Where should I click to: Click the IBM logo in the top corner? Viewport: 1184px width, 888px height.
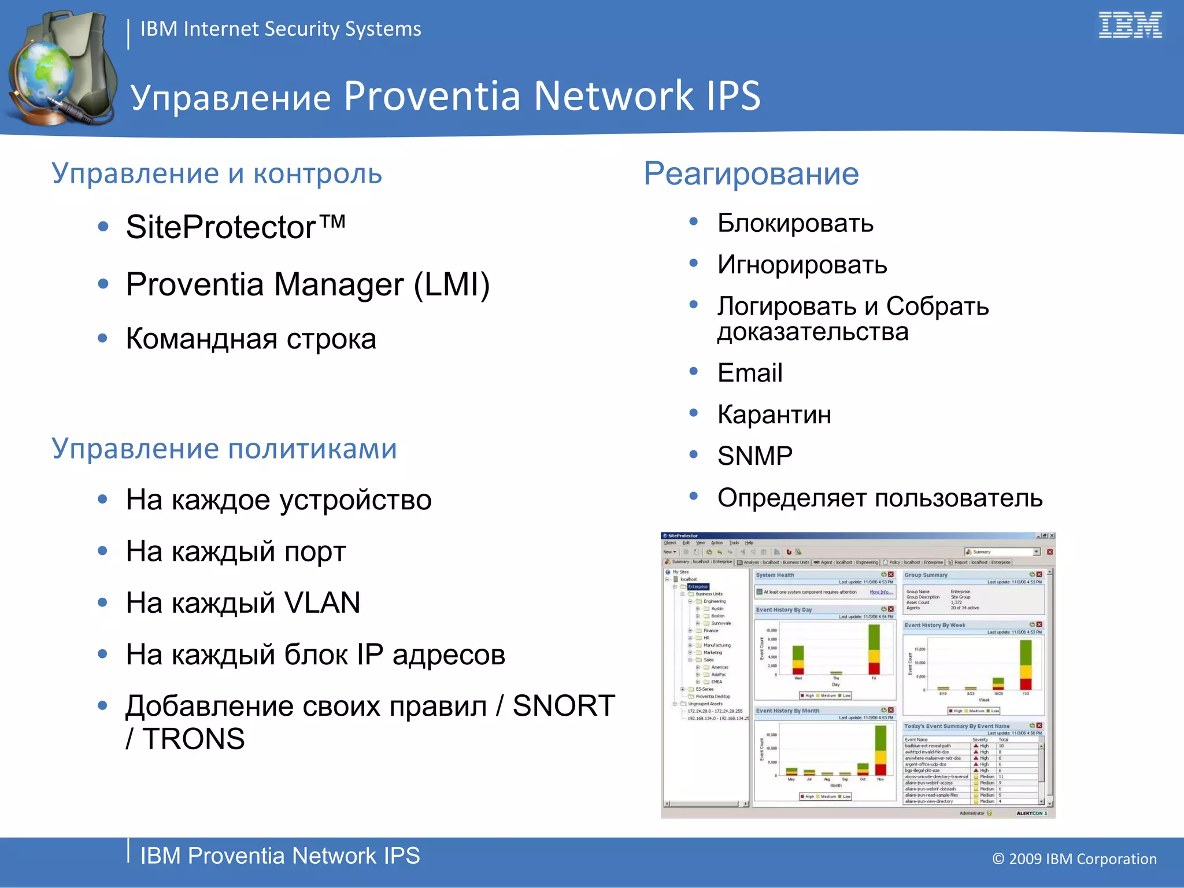[1130, 25]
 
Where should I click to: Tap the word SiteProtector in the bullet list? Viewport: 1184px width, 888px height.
[221, 227]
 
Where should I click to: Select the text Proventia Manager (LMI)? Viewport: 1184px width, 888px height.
[308, 284]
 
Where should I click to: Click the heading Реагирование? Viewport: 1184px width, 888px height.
[751, 173]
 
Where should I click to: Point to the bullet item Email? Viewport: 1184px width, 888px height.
[750, 373]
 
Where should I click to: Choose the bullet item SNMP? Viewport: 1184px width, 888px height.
[754, 456]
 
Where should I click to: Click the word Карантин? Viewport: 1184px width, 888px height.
[774, 415]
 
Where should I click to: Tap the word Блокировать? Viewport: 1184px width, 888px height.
[795, 223]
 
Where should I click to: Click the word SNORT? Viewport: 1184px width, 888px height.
[564, 706]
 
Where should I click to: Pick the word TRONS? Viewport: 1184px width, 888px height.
[194, 739]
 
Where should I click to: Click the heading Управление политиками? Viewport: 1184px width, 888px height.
[224, 449]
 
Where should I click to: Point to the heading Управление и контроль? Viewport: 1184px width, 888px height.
[217, 173]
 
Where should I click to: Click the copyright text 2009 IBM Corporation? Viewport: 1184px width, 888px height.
[1082, 859]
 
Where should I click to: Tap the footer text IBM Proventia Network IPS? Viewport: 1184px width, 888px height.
[280, 856]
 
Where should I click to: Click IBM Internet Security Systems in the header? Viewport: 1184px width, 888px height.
[280, 29]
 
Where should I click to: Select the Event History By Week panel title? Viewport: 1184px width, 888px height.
[934, 625]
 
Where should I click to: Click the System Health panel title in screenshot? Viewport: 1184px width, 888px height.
[775, 575]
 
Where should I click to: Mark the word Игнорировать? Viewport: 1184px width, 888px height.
[802, 265]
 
